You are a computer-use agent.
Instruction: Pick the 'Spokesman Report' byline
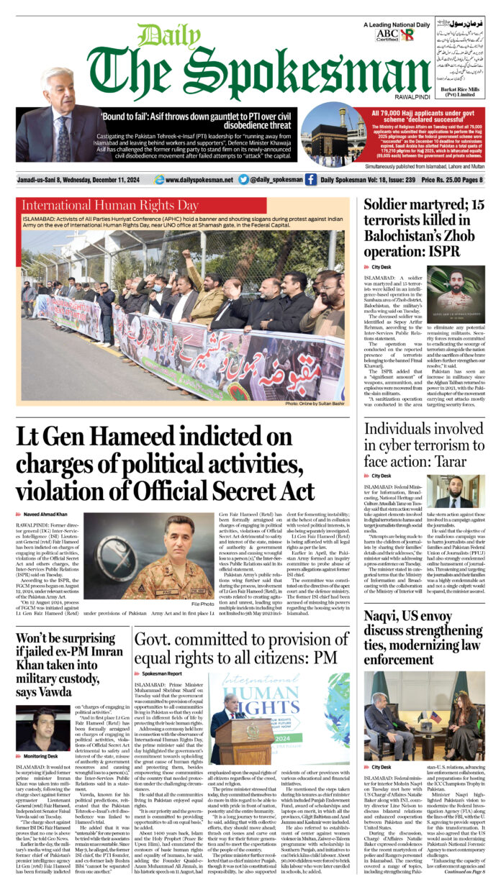(x=162, y=673)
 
